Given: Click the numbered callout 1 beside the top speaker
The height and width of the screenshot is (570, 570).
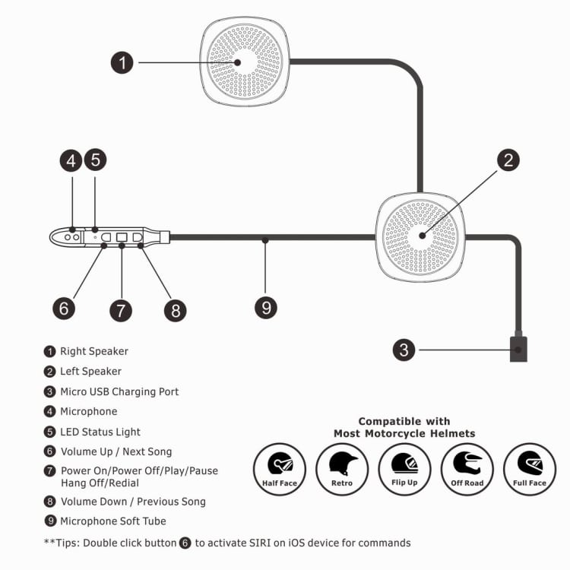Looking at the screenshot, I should pyautogui.click(x=122, y=62).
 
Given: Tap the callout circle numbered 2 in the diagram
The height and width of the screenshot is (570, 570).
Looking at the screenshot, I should pyautogui.click(x=508, y=160).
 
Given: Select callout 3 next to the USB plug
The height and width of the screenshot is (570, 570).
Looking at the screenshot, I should pyautogui.click(x=404, y=350).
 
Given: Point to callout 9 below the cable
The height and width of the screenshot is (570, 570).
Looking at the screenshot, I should pyautogui.click(x=265, y=307).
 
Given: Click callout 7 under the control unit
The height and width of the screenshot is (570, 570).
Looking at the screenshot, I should pyautogui.click(x=120, y=310).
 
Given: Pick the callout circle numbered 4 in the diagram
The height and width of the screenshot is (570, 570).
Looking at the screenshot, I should pyautogui.click(x=71, y=160).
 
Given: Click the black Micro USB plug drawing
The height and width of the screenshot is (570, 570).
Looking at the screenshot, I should pyautogui.click(x=518, y=350).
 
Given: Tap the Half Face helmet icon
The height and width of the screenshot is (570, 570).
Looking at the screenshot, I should pyautogui.click(x=280, y=469).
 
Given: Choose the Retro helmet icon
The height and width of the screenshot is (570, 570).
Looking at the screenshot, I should pyautogui.click(x=342, y=469).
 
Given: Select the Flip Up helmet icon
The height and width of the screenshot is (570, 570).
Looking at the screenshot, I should pyautogui.click(x=404, y=469).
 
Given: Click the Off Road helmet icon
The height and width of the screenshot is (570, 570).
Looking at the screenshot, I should pyautogui.click(x=467, y=469).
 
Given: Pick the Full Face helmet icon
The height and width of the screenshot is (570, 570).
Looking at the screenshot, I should pyautogui.click(x=529, y=469).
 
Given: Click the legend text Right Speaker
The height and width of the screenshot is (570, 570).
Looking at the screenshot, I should pyautogui.click(x=94, y=351).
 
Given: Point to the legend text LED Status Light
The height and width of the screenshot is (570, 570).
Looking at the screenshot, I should pyautogui.click(x=100, y=432).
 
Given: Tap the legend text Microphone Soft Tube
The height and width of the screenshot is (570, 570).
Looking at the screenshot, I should pyautogui.click(x=113, y=521).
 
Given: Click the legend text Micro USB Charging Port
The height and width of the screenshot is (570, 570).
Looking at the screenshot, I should pyautogui.click(x=119, y=391).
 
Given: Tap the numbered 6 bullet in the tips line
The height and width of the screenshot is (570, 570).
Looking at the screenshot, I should pyautogui.click(x=185, y=543).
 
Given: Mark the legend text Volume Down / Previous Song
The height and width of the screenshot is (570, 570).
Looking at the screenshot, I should pyautogui.click(x=133, y=501).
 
